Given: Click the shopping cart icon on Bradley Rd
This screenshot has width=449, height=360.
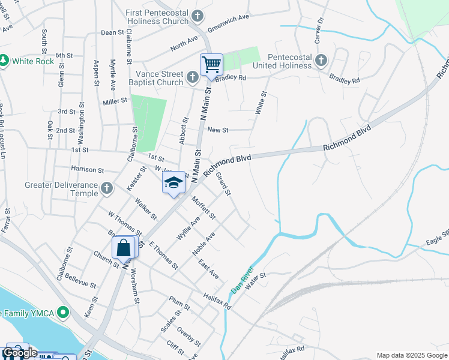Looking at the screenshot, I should pyautogui.click(x=211, y=64).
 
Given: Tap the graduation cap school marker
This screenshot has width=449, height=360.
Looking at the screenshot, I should pyautogui.click(x=173, y=183).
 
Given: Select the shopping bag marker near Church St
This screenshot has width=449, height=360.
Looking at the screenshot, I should pyautogui.click(x=123, y=247).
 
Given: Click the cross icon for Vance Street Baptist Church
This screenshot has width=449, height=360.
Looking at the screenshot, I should pyautogui.click(x=192, y=77).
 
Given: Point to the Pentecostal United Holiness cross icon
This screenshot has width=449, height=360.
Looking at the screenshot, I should pyautogui.click(x=321, y=60).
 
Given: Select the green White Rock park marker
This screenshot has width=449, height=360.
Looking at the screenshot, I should pyautogui.click(x=5, y=61).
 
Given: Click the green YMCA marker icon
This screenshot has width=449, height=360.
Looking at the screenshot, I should pyautogui.click(x=65, y=313).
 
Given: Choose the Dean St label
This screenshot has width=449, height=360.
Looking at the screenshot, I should pyautogui.click(x=112, y=32).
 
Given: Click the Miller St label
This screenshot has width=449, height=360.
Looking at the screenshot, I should pyautogui.click(x=115, y=101).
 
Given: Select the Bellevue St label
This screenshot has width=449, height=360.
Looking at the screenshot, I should pyautogui.click(x=80, y=279).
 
